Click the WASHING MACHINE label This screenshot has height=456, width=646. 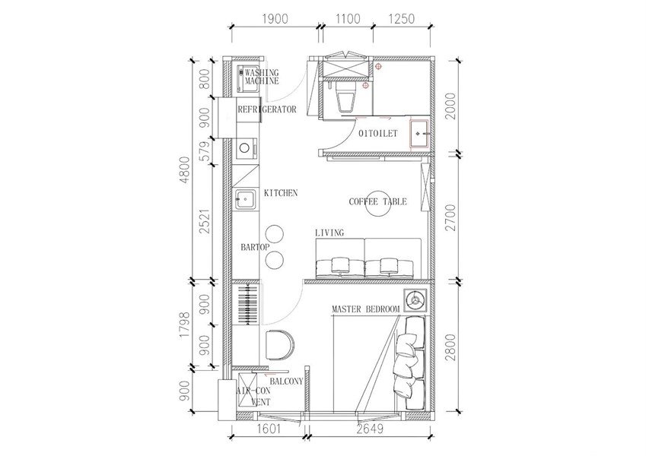coord(262,77)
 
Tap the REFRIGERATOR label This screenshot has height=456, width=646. coord(267,109)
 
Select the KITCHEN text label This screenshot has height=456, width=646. coord(281,192)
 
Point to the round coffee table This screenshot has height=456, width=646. coord(379,204)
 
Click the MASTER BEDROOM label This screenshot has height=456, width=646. coord(365,309)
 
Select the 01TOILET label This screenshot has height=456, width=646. coord(378,133)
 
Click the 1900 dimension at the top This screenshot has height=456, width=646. coord(275,19)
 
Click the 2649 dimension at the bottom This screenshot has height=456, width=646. coord(370,429)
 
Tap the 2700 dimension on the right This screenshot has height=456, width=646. coord(451,217)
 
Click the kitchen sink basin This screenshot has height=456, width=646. coord(246,199)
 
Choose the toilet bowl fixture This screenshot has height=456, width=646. coord(345,97)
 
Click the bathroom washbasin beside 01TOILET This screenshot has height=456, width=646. coord(420,134)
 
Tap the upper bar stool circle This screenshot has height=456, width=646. coord(275,234)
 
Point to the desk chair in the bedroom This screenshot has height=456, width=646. coord(280,344)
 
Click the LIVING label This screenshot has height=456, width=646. coord(329,233)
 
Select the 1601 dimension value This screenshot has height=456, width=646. coord(268,429)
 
